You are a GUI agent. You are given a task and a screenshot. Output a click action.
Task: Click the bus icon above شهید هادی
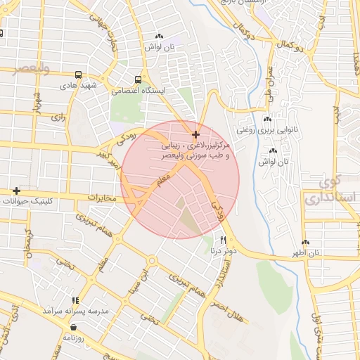(77, 75)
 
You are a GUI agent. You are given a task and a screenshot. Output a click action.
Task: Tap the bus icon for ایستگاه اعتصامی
(138, 79)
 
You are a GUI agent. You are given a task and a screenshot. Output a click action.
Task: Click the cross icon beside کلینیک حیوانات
(16, 191)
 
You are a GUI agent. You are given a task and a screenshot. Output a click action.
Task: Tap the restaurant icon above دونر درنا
(224, 240)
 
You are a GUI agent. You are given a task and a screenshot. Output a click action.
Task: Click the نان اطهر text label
(307, 252)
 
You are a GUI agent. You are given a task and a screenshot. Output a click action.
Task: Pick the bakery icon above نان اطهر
(305, 243)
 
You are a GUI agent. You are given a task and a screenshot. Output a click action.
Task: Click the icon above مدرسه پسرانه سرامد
(75, 300)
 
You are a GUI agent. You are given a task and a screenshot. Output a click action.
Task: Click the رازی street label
(57, 118)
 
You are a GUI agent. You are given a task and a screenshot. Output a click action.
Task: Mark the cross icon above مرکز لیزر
(195, 134)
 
